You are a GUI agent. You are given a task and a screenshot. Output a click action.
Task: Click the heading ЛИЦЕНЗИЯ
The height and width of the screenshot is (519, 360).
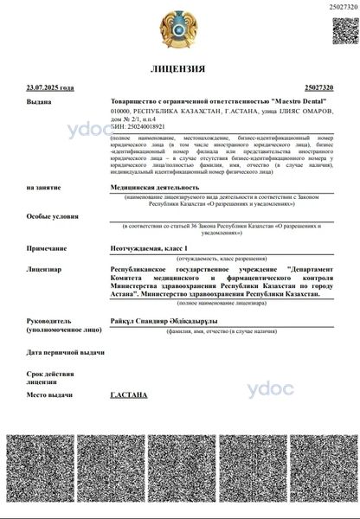coord(178,67)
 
